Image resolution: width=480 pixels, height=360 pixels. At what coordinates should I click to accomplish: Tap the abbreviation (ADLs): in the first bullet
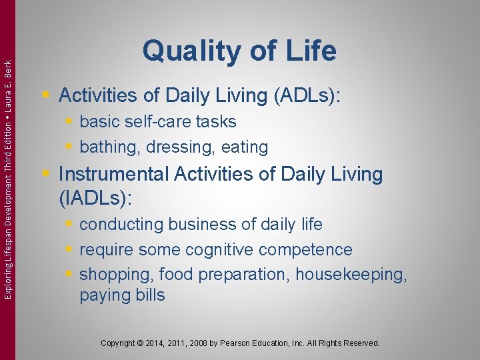307,96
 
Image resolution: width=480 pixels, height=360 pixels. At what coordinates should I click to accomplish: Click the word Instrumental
114,175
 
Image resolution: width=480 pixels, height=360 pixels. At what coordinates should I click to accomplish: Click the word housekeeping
351,275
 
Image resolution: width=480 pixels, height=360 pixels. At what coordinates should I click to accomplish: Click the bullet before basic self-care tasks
71,122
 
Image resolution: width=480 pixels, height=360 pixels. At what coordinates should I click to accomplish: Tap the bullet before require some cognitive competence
71,250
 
